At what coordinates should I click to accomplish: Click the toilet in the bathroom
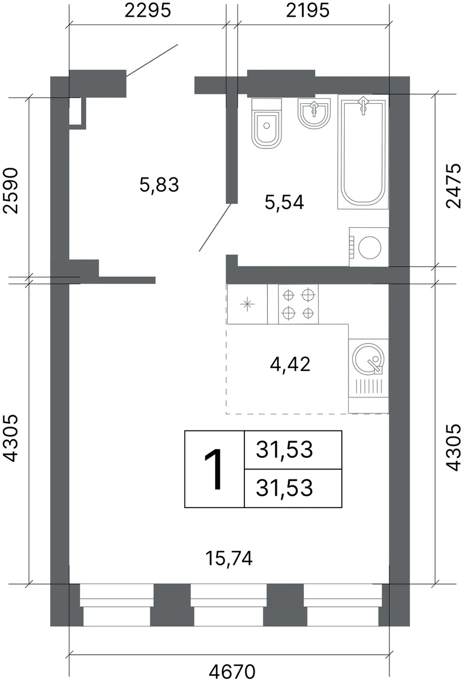[x=267, y=123]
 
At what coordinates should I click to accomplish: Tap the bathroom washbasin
[x=314, y=113]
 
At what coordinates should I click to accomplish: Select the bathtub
[x=363, y=152]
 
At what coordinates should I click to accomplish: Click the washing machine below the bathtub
[x=369, y=247]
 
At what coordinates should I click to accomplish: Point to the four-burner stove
[x=299, y=304]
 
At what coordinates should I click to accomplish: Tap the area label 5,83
[x=159, y=185]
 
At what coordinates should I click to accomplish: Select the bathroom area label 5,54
[x=284, y=202]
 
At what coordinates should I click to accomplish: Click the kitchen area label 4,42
[x=290, y=364]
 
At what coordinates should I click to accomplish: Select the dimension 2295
[x=147, y=11]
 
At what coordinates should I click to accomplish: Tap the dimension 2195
[x=308, y=11]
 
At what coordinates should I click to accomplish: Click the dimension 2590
[x=10, y=190]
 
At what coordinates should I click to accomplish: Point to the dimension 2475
[x=453, y=186]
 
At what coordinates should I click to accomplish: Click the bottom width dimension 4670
[x=232, y=672]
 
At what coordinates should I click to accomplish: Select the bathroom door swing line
[x=215, y=228]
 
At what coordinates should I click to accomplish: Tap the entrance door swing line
[x=152, y=61]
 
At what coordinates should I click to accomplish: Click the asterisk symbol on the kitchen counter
[x=247, y=304]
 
